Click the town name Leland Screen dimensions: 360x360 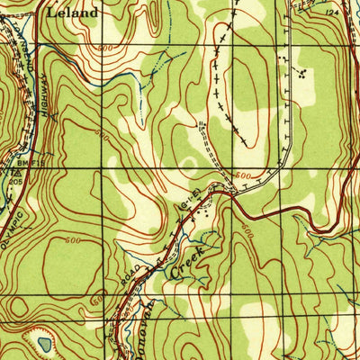pyautogui.click(x=73, y=13)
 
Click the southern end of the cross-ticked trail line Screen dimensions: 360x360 pyautogui.click(x=248, y=144)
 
